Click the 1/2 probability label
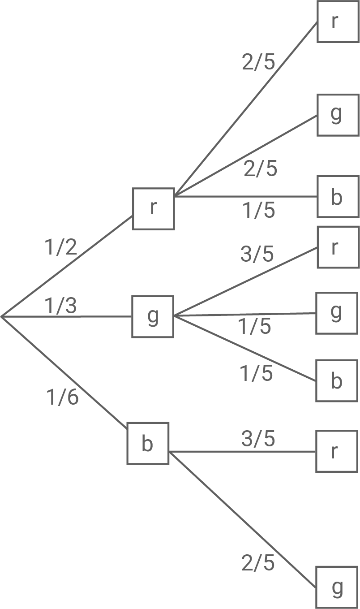[x=61, y=247]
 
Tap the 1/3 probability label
[x=61, y=306]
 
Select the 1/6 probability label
[x=63, y=397]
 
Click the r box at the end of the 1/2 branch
[x=153, y=209]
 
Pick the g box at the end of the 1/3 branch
[x=153, y=316]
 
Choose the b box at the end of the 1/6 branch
[x=148, y=444]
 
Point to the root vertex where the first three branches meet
[x=2, y=317]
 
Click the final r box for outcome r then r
[x=338, y=22]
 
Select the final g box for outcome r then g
[x=338, y=115]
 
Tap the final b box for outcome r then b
[x=338, y=197]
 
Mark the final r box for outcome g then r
[x=338, y=247]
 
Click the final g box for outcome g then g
[x=337, y=313]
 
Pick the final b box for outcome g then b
[x=337, y=380]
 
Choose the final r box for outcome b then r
[x=337, y=451]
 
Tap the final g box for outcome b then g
[x=337, y=587]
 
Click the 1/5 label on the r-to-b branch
[x=259, y=211]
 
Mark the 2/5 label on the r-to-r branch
[x=258, y=63]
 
